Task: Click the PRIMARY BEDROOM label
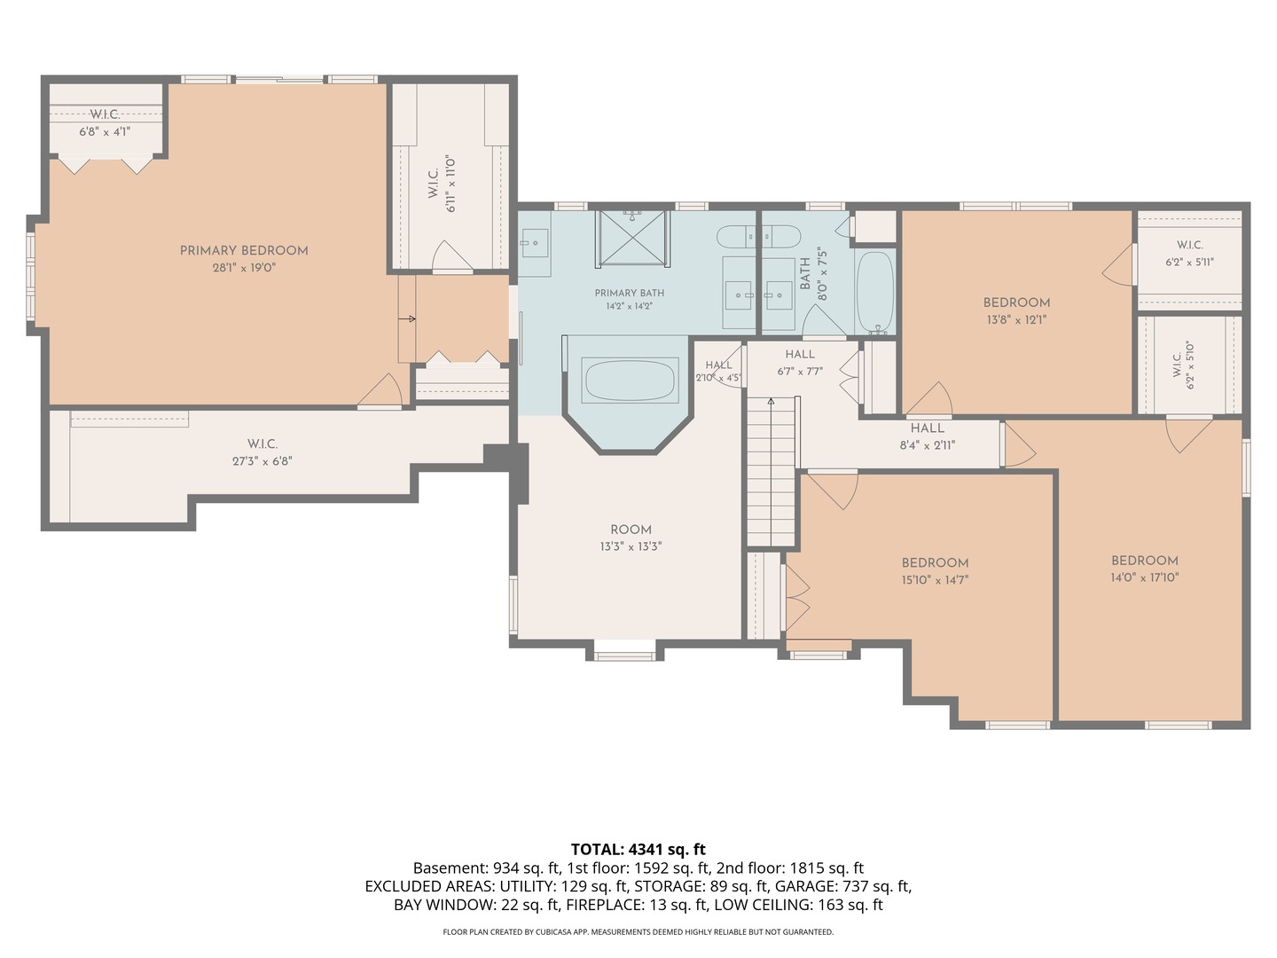[x=244, y=251]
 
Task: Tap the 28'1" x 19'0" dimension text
[x=244, y=268]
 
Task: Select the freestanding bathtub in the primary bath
[x=630, y=381]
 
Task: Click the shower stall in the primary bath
[x=632, y=239]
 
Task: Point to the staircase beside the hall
[x=771, y=472]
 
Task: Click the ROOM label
[x=631, y=530]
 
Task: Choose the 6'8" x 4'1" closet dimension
[x=105, y=132]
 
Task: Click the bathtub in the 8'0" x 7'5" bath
[x=875, y=293]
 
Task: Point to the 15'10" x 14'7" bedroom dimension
[x=935, y=580]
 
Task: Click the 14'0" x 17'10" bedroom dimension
[x=1144, y=577]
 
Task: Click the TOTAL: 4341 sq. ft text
[x=638, y=850]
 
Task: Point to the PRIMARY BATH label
[x=630, y=293]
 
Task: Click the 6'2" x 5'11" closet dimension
[x=1189, y=263]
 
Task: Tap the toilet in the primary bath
[x=735, y=237]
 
